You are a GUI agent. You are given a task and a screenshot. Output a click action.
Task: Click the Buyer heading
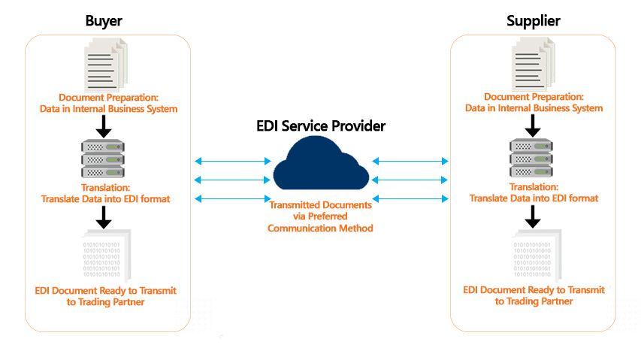click(104, 21)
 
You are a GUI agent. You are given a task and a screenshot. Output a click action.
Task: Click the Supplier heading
click(534, 21)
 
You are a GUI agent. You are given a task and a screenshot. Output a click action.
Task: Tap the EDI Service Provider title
click(321, 126)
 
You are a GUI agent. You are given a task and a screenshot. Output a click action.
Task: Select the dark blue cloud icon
click(321, 163)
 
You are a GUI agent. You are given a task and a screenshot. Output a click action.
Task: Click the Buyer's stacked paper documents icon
click(106, 65)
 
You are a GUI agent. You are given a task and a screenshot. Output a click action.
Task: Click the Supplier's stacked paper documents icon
click(534, 64)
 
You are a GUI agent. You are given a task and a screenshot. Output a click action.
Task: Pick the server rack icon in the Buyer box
click(103, 159)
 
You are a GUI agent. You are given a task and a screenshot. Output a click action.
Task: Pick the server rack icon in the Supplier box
click(531, 158)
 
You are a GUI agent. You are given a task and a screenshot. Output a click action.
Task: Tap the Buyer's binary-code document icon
click(106, 256)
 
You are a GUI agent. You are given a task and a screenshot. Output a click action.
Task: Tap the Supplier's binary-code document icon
click(537, 256)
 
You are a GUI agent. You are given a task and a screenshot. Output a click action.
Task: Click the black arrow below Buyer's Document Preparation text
click(104, 126)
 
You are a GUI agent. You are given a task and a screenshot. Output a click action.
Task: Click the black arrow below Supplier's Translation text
click(533, 216)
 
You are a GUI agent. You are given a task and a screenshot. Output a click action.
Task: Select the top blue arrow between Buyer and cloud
click(233, 161)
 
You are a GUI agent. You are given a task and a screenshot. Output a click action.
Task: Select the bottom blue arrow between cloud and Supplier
click(410, 199)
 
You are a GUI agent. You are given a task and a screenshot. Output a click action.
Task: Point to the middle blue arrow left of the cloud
click(233, 180)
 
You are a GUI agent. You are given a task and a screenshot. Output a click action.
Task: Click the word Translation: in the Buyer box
click(105, 188)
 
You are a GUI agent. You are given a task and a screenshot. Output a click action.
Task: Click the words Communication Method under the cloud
click(320, 228)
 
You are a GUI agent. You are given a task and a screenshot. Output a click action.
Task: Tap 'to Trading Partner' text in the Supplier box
click(534, 301)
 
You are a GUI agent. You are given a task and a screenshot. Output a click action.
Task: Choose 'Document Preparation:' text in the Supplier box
click(534, 97)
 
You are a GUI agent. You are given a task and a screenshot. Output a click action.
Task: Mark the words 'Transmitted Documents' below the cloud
click(320, 204)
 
